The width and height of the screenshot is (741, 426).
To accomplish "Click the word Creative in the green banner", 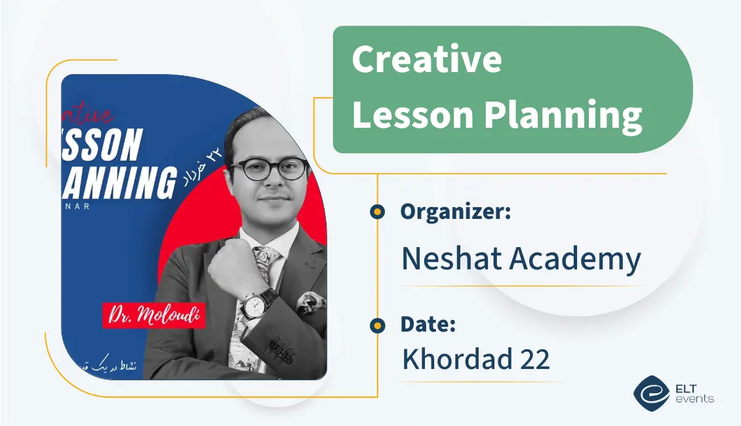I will (x=427, y=59).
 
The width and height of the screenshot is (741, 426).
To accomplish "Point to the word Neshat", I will (x=452, y=259).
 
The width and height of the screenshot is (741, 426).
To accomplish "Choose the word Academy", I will (x=575, y=260).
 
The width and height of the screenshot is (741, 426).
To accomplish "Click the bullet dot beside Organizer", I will (x=377, y=211).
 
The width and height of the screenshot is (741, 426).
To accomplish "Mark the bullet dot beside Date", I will (x=377, y=324).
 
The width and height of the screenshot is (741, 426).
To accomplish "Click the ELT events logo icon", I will (x=651, y=393).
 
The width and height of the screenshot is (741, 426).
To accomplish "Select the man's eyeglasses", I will (x=269, y=169).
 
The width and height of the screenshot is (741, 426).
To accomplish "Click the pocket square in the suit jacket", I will (x=311, y=302).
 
